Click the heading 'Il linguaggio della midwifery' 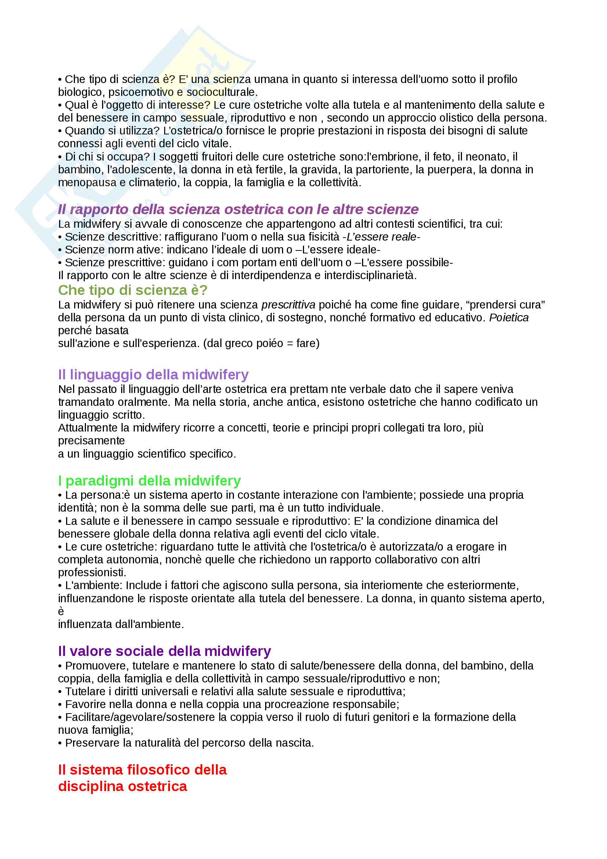153,375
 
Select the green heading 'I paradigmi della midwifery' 149,480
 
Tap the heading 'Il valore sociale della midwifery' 164,652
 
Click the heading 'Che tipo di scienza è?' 133,290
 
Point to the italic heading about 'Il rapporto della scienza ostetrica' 238,209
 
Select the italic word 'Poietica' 509,318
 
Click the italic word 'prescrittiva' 288,305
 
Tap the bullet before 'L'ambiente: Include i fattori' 60,585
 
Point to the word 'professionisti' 92,573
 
